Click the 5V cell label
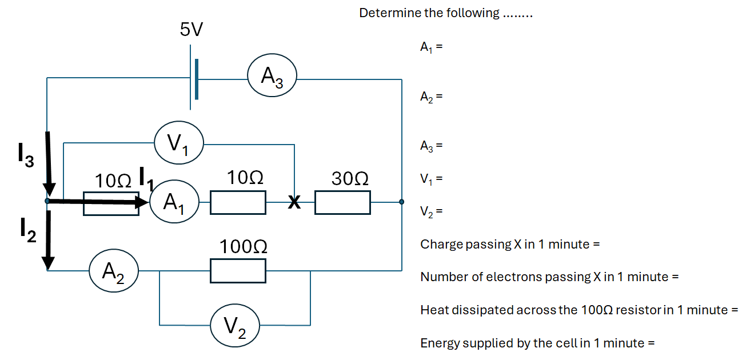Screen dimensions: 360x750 192,29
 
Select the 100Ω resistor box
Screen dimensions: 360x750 238,271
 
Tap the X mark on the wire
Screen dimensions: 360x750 294,202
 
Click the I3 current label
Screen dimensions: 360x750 26,155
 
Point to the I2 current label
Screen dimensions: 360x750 27,230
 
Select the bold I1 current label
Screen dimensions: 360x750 147,178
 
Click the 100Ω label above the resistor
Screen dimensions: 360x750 244,247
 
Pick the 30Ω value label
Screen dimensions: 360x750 350,179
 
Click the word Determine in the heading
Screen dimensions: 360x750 389,13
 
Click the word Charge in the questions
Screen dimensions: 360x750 441,245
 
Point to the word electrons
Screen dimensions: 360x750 513,277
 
